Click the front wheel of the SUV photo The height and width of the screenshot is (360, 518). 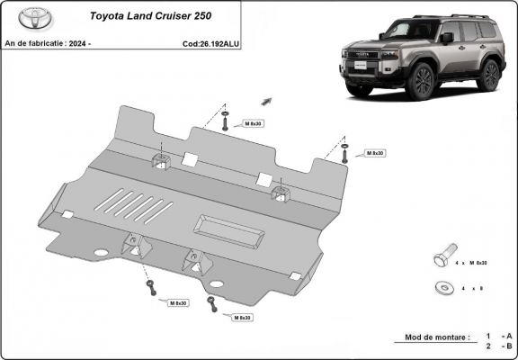tap(420, 81)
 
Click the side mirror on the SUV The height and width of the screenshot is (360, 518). tap(447, 38)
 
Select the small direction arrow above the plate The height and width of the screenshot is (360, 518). tap(267, 101)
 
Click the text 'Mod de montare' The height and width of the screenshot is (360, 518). tap(432, 337)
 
